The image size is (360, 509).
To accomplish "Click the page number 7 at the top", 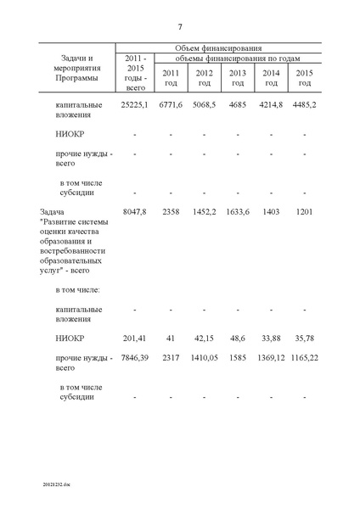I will point(180,26).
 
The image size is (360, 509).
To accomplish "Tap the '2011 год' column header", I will point(171,78).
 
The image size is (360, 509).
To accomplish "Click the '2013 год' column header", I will point(238,78).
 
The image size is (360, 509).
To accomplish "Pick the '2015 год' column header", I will point(305,78).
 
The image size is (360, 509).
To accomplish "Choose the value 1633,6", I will point(238,210).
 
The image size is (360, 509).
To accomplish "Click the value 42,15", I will point(205,338).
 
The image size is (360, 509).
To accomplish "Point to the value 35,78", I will point(305,338).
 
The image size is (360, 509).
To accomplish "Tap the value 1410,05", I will point(205,360).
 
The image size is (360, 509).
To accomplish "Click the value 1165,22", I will point(305,360).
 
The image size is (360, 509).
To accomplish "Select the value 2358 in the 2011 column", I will point(171,210).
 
